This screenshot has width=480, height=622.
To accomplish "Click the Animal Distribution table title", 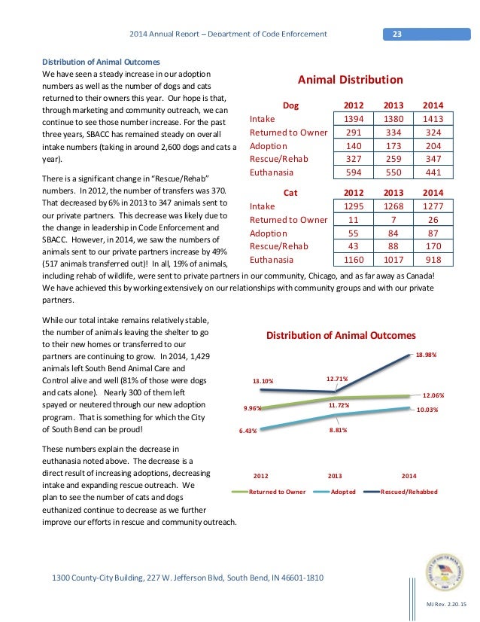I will click(x=351, y=80).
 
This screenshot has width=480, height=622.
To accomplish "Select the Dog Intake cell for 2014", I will click(x=433, y=119).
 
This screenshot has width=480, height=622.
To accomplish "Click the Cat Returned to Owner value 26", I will click(x=433, y=219).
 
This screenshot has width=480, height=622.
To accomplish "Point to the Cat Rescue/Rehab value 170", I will click(x=433, y=246).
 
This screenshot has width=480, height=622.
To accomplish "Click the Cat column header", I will click(x=290, y=192).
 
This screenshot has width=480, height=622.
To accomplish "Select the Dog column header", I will click(x=290, y=106).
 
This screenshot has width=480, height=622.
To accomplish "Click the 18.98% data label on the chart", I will click(x=426, y=354).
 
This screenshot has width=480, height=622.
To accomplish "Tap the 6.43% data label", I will click(x=248, y=431).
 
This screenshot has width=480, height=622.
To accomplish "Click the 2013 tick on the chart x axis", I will click(x=336, y=476).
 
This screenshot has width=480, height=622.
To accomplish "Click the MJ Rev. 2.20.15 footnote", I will click(x=446, y=606).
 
